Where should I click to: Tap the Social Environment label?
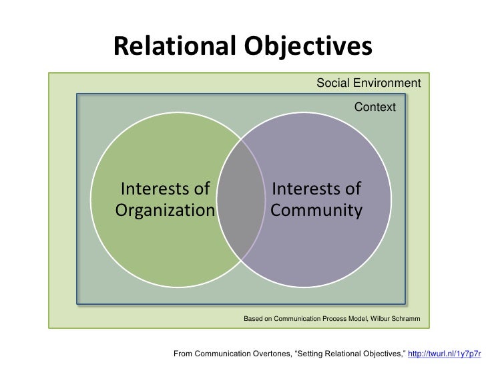(x=369, y=84)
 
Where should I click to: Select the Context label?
(x=375, y=107)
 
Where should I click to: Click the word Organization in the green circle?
(x=165, y=211)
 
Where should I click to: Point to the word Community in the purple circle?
(x=316, y=211)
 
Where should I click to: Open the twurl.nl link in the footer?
(x=444, y=353)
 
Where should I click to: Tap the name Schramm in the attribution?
(x=407, y=319)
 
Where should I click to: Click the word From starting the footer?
(x=184, y=353)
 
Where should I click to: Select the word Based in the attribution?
(x=254, y=319)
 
